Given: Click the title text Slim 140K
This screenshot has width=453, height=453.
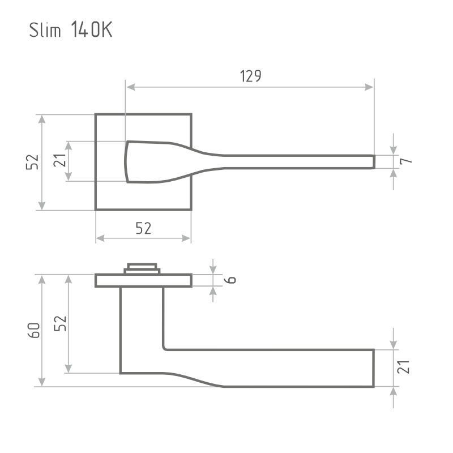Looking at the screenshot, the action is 70,29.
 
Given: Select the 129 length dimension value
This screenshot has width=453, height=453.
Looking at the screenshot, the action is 250,76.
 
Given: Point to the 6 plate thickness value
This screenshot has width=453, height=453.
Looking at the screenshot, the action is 231,280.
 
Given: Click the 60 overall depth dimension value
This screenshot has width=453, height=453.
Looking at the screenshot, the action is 34,330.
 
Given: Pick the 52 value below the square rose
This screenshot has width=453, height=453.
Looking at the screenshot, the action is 143,228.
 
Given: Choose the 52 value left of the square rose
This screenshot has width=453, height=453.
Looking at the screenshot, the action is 32,162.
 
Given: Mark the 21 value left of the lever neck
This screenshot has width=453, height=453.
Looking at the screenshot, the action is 60,160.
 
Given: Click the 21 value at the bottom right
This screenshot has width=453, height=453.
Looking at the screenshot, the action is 403,367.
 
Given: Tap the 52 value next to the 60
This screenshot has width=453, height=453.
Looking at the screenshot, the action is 61,323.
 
